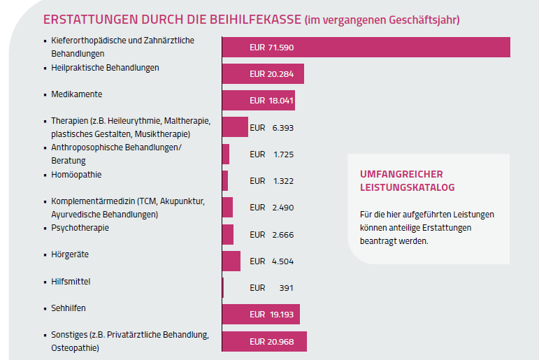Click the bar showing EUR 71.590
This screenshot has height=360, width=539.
tap(366, 47)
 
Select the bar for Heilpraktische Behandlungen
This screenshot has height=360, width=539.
tap(263, 73)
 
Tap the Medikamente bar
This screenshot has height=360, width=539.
tap(258, 100)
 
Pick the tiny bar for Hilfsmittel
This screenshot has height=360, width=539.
tap(223, 287)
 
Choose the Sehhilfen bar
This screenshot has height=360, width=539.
tap(261, 314)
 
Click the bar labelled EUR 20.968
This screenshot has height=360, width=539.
tap(264, 341)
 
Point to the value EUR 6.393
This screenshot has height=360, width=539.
tap(271, 127)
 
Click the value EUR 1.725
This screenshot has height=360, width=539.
tap(271, 154)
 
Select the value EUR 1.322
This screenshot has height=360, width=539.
tap(271, 180)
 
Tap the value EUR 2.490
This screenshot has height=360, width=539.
tap(271, 208)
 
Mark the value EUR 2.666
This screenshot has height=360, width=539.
tap(271, 234)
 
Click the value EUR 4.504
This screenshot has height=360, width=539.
tap(271, 261)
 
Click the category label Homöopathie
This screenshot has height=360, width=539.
tap(76, 174)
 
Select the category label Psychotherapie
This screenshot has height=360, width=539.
tap(80, 228)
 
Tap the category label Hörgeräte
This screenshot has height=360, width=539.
tap(70, 254)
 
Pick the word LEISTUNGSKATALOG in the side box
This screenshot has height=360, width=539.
tap(407, 187)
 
